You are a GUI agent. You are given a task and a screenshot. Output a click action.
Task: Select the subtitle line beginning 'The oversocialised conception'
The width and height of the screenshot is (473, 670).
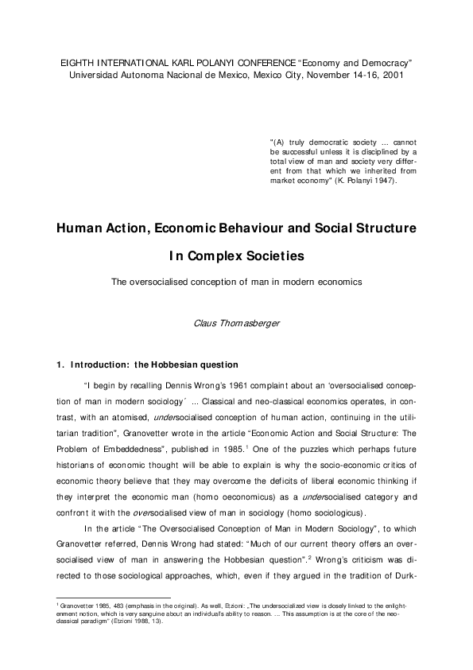pyautogui.click(x=235, y=282)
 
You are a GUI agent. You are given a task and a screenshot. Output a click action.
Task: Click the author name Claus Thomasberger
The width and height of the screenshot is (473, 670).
pyautogui.click(x=235, y=324)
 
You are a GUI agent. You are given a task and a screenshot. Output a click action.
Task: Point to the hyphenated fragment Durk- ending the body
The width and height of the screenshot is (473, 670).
pyautogui.click(x=402, y=574)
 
